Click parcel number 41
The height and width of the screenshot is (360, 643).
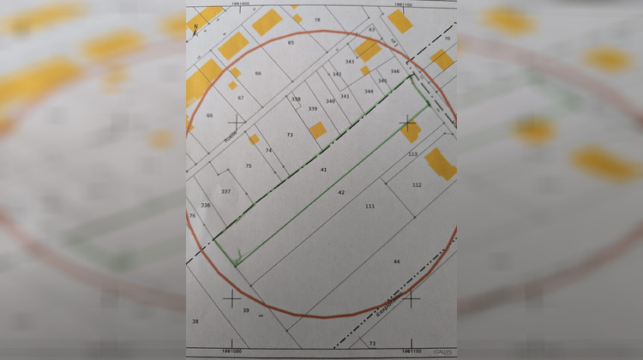324,170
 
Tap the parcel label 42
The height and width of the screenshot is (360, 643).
341,193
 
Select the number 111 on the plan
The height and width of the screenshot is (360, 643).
370,207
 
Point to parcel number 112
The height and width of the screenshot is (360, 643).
417,184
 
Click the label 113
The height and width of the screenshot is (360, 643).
412,154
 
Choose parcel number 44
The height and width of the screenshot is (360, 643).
396,261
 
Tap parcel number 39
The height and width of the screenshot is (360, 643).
245,309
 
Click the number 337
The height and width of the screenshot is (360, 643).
225,191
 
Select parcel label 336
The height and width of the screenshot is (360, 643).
205,206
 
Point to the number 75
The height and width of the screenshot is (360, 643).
249,165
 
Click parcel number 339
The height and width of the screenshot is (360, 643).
313,109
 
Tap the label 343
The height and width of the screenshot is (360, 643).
349,62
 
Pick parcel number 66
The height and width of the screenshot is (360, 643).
257,74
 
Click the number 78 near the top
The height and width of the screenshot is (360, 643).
317,19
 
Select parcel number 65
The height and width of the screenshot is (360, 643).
291,42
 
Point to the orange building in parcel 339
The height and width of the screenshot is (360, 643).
318,129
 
